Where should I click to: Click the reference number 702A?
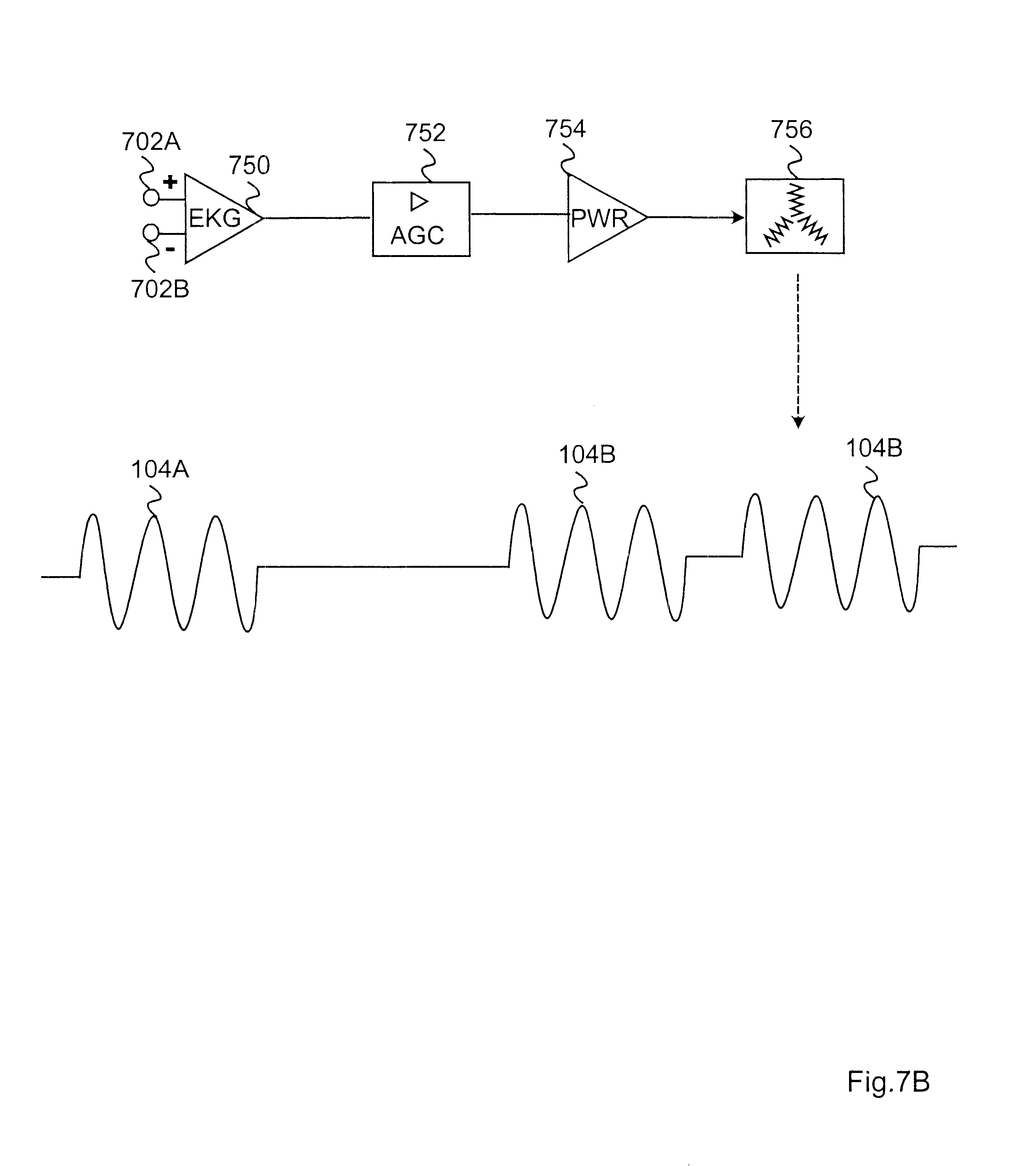click(151, 141)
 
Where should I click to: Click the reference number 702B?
click(160, 289)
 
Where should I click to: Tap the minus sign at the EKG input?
click(170, 249)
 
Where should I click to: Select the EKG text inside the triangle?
click(215, 218)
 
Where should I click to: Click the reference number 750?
click(249, 165)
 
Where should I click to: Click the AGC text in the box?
click(417, 235)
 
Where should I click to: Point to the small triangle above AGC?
click(419, 201)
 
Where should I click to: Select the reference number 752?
click(425, 133)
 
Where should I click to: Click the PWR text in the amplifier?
click(599, 218)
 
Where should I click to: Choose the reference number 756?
click(791, 130)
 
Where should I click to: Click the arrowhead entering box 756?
click(739, 217)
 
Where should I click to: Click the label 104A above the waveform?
click(160, 469)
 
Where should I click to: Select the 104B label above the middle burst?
click(586, 455)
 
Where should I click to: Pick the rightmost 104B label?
click(873, 448)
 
